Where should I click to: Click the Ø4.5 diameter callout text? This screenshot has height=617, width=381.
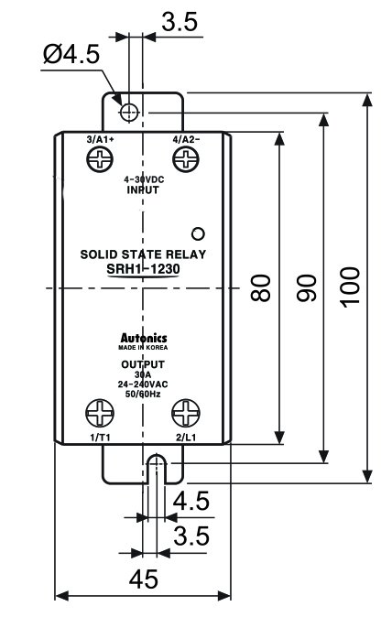point(71,54)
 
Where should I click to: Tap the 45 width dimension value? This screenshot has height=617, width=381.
point(144,579)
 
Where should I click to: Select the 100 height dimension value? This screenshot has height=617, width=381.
point(350,287)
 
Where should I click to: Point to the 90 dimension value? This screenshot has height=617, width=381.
point(306,288)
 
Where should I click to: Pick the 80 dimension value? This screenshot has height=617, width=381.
point(260,288)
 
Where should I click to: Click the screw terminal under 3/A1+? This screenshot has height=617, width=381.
point(100,159)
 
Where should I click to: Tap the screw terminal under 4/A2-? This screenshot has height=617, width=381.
point(186,159)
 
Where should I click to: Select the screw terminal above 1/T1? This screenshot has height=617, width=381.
point(100,413)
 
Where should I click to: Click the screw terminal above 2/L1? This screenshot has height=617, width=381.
point(186,413)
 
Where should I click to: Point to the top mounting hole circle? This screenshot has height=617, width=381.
point(129,113)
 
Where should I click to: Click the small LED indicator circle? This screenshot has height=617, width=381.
point(198,233)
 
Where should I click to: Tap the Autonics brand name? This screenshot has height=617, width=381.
point(144,338)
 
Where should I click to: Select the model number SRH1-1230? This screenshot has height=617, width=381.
point(143,269)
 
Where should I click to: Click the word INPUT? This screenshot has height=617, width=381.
point(143,189)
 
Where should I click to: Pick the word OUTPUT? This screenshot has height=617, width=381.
point(143,364)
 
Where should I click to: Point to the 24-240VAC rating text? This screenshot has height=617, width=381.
point(143,384)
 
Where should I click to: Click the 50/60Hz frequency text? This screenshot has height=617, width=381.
point(143,394)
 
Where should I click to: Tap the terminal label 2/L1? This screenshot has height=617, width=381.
point(186,438)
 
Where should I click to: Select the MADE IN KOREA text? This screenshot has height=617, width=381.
point(143,348)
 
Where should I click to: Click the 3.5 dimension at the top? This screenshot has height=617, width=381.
point(180,22)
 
